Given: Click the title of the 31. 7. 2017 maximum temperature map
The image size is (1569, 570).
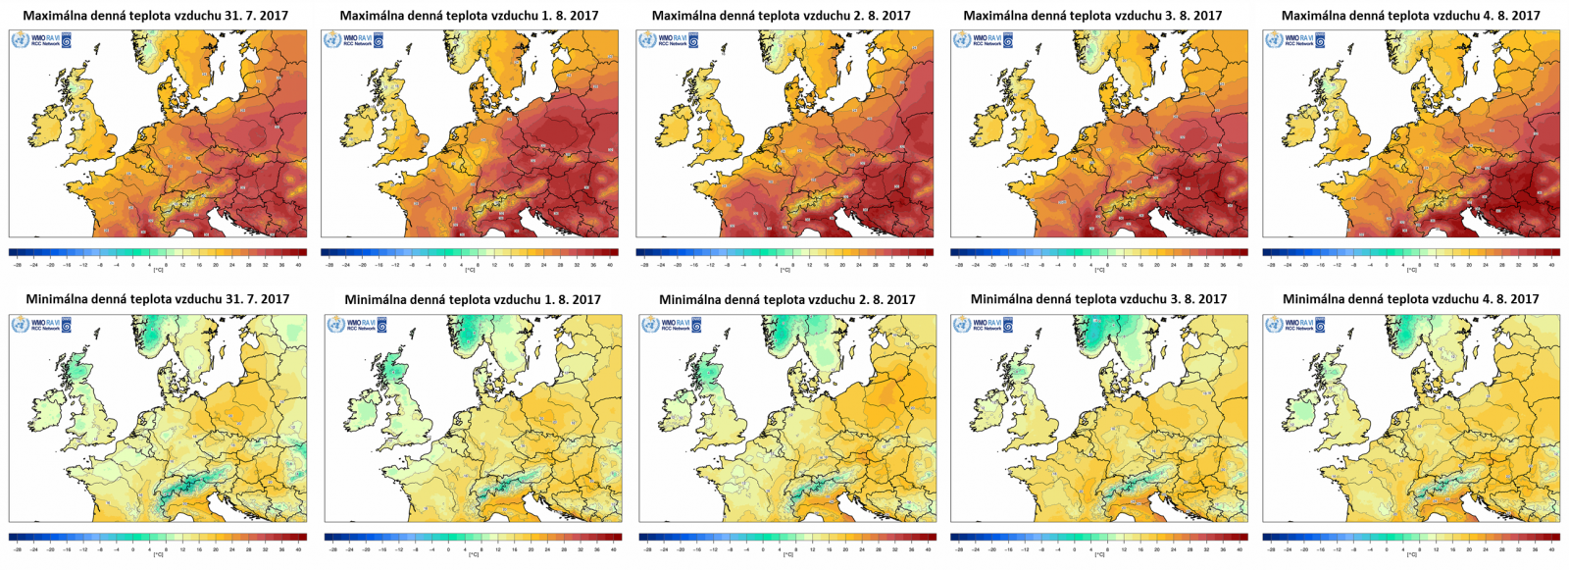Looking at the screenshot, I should [x=156, y=16].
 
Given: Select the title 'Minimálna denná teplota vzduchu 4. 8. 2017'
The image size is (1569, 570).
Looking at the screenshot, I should [x=1410, y=299].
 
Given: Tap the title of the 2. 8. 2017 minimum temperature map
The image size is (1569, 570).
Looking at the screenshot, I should [x=786, y=299].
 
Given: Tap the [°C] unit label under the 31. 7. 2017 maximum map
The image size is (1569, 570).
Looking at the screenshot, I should [x=158, y=270].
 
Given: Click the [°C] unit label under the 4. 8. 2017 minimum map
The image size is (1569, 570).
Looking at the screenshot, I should [x=1412, y=554].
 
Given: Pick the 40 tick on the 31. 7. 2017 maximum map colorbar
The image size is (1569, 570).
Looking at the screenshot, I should [x=298, y=265].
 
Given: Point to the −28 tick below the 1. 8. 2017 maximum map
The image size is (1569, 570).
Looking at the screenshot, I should [x=331, y=265].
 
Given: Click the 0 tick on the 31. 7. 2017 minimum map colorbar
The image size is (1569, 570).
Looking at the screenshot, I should [x=133, y=549].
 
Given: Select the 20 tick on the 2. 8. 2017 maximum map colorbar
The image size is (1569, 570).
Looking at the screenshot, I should [x=841, y=265].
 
